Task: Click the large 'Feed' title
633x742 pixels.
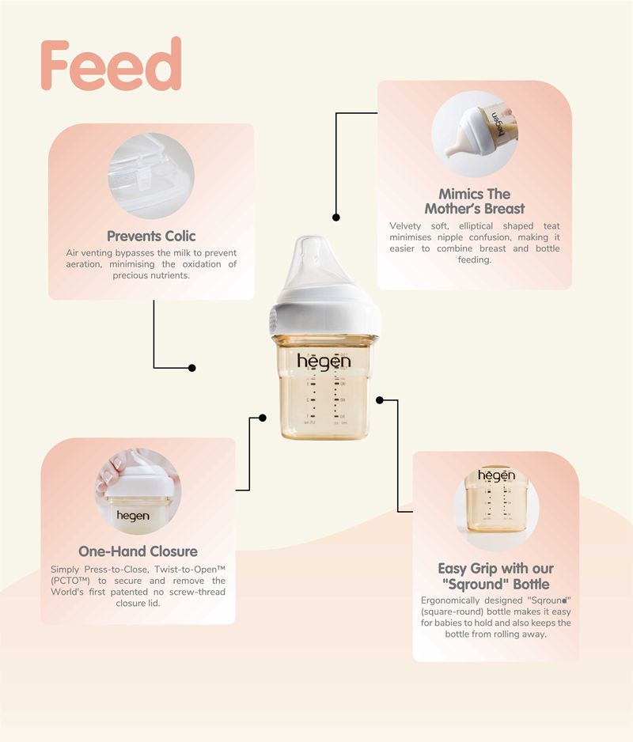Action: (112, 64)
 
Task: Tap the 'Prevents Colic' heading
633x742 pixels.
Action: (151, 237)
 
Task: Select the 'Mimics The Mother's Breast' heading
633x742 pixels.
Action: (475, 201)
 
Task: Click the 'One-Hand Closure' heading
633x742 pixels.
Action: (138, 551)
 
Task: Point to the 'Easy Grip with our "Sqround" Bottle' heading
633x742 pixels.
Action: (495, 577)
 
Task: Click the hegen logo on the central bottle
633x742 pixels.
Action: (324, 361)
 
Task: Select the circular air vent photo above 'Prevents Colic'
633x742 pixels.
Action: (151, 176)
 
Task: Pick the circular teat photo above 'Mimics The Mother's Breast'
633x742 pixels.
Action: (475, 134)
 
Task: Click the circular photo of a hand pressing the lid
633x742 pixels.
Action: (138, 492)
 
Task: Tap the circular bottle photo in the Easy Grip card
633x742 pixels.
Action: (495, 508)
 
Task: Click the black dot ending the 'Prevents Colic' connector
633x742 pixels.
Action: (191, 368)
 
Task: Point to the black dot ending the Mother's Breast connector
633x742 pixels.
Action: (336, 218)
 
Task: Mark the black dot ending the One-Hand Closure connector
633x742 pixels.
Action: (263, 418)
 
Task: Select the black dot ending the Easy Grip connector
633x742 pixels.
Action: (380, 400)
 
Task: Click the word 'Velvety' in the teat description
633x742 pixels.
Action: (405, 226)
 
